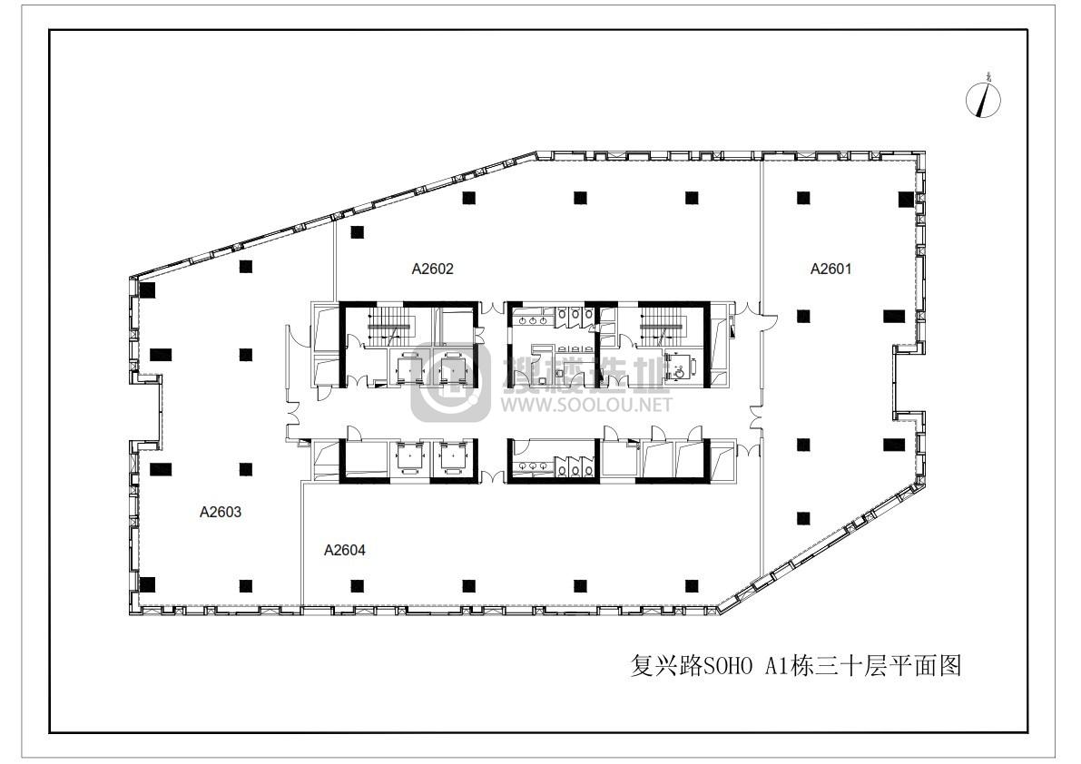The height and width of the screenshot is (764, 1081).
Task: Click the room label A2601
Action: click(830, 269)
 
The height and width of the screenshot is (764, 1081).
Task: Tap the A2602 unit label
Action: click(432, 269)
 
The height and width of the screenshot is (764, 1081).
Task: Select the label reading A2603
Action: click(220, 512)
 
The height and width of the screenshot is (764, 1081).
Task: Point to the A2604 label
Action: click(344, 550)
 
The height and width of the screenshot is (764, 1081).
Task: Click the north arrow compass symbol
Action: click(983, 99)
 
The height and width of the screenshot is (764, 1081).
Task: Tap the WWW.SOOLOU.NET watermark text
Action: click(586, 405)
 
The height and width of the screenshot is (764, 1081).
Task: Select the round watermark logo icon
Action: click(450, 382)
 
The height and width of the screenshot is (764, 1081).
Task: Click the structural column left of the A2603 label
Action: click(159, 471)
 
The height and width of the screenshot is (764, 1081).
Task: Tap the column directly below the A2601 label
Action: click(802, 316)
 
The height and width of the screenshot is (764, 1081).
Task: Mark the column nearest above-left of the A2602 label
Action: click(357, 232)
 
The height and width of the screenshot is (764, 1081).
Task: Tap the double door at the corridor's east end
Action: click(755, 417)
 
